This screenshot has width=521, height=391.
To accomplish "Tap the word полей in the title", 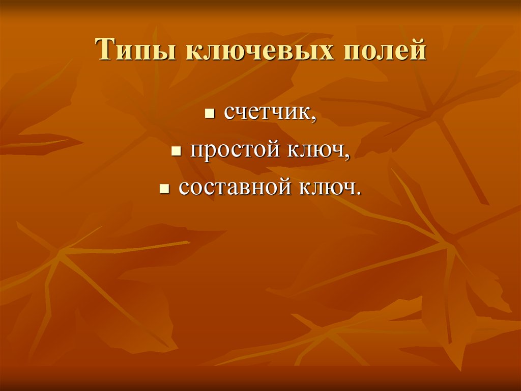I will pyautogui.click(x=387, y=51).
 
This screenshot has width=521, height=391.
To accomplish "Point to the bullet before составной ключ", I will pyautogui.click(x=163, y=189).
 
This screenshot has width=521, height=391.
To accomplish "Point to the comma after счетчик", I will pyautogui.click(x=314, y=118).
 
